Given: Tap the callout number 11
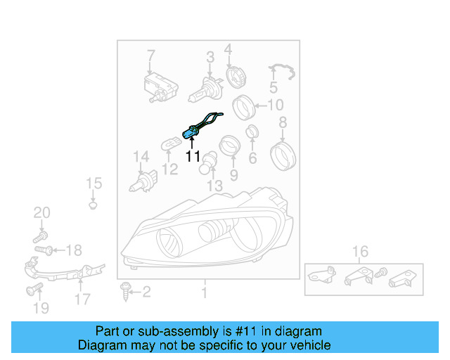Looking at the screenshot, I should click(x=193, y=156).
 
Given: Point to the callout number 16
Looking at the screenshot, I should click(x=360, y=251).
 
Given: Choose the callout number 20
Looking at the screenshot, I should click(x=42, y=213).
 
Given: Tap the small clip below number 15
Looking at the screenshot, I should click(x=93, y=206).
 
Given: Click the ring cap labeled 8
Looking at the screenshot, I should click(x=282, y=154).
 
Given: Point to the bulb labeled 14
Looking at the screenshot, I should click(x=143, y=181).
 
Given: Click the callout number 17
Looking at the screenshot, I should click(x=82, y=299).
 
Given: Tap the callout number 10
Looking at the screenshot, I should click(x=276, y=105).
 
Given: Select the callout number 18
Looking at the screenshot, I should click(x=73, y=250).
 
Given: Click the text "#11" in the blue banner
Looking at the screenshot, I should click(x=212, y=331).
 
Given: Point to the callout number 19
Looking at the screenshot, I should click(x=41, y=307).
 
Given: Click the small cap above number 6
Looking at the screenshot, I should click(x=251, y=131).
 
